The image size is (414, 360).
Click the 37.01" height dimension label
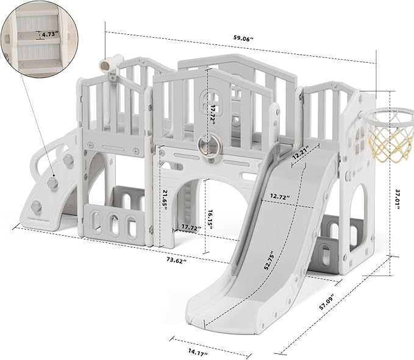397,199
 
